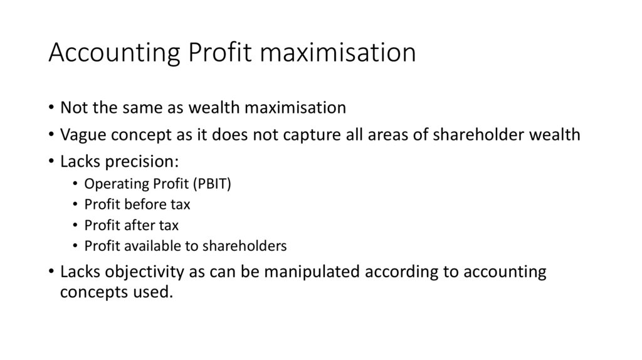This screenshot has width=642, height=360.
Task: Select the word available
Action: (150, 246)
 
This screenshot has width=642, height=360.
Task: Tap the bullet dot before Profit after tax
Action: (75, 225)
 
